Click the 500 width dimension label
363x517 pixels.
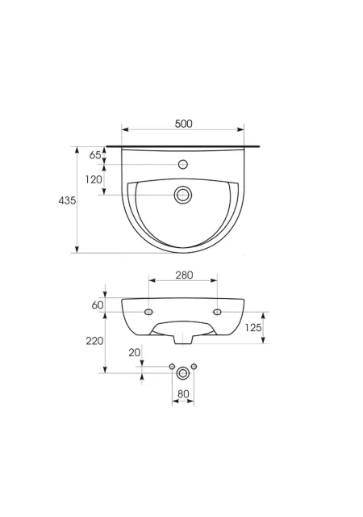tap(183, 124)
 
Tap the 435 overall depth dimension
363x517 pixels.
tap(67, 200)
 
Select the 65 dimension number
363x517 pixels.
tap(95, 154)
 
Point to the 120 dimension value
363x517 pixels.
tap(94, 179)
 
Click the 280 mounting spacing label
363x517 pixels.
tap(184, 275)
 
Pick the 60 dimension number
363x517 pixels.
tap(98, 305)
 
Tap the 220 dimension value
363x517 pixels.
tap(95, 341)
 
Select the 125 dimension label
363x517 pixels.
tap(253, 327)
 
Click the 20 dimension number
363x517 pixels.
tap(135, 352)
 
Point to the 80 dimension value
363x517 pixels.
tap(183, 394)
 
